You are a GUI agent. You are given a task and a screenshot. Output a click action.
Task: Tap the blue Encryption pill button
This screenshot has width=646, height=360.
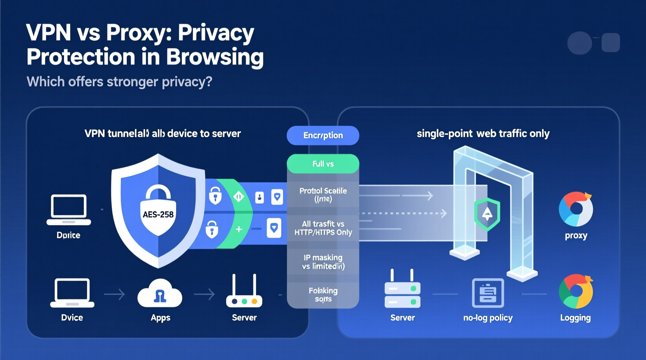pos(323,135)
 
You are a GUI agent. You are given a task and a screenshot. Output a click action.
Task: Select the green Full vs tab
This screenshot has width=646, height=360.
pos(323,164)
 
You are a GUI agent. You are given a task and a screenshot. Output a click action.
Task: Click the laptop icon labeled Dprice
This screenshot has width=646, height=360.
pos(69,209)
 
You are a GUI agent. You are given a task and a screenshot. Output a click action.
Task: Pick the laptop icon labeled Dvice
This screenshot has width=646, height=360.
pos(72,293)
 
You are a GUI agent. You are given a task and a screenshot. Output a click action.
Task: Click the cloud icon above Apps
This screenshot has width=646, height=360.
pos(160,294)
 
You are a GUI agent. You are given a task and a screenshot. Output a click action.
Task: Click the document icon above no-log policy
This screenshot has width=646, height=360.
pos(488,293)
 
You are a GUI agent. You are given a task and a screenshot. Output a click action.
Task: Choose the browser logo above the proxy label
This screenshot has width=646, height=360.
pos(576,209)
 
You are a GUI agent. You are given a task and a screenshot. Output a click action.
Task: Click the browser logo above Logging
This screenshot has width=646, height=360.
pos(576,291)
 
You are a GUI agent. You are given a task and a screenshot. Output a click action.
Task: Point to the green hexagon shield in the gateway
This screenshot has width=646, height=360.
pos(487,214)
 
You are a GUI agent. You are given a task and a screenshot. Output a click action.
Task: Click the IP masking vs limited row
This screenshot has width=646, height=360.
pos(323,262)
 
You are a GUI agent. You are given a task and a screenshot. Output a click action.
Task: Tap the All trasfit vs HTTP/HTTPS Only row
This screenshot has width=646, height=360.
pos(323,228)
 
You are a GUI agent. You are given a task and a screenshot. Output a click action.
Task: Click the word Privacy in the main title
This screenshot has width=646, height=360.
pos(216,33)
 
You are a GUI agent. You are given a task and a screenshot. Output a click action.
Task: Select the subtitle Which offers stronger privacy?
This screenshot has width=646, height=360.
pos(119,82)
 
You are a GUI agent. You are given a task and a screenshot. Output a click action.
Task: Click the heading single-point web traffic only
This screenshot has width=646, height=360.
pos(483,134)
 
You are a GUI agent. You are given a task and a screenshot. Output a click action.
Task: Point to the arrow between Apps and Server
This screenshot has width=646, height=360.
pos(205,294)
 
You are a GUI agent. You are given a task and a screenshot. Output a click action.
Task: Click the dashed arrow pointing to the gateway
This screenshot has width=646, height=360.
pos(404,213)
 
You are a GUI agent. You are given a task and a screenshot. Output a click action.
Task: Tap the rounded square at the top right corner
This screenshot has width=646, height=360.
pos(610,43)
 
